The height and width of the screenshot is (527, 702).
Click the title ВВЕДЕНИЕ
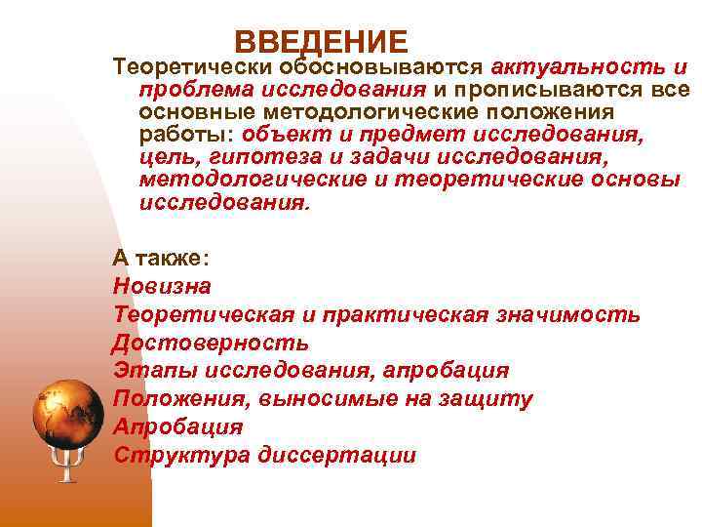tap(321, 42)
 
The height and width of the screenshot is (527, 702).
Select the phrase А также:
tap(161, 259)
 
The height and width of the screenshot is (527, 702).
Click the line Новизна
tap(161, 287)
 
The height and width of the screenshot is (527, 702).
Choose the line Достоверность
tap(211, 344)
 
